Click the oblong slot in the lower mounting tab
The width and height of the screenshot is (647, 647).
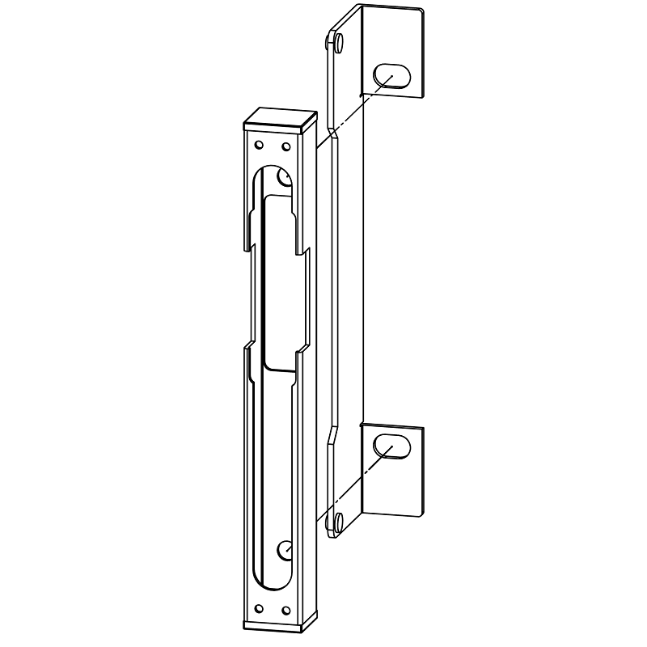click(x=391, y=446)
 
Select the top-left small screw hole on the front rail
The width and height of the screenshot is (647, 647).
click(x=259, y=146)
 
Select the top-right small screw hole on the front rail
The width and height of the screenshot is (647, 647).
click(x=285, y=148)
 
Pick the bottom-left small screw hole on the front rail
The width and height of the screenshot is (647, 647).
click(x=259, y=607)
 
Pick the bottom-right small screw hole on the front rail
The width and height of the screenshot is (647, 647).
click(x=285, y=610)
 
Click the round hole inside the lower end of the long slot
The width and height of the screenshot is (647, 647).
click(x=285, y=549)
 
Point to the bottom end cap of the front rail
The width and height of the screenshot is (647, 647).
click(x=275, y=624)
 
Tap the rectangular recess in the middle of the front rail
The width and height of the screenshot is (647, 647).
click(x=279, y=283)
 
